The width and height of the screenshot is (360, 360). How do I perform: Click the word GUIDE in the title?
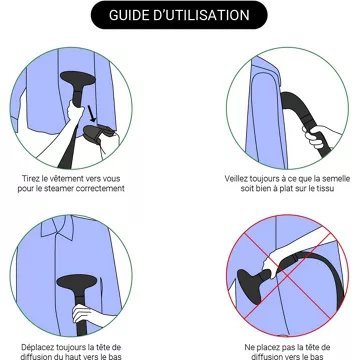coord(128,15)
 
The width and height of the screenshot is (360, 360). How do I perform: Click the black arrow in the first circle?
coord(91,114)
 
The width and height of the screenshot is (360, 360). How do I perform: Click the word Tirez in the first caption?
coord(30,179)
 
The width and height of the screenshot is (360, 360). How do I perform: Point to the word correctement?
coord(100,189)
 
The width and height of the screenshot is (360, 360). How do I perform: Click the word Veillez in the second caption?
coord(236,179)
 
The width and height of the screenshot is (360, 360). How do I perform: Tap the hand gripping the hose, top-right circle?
coord(317,136)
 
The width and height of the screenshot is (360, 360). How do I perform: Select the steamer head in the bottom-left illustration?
coord(77,283)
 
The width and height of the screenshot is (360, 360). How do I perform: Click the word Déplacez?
coord(37,347)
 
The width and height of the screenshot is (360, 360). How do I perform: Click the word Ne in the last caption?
coord(249,347)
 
